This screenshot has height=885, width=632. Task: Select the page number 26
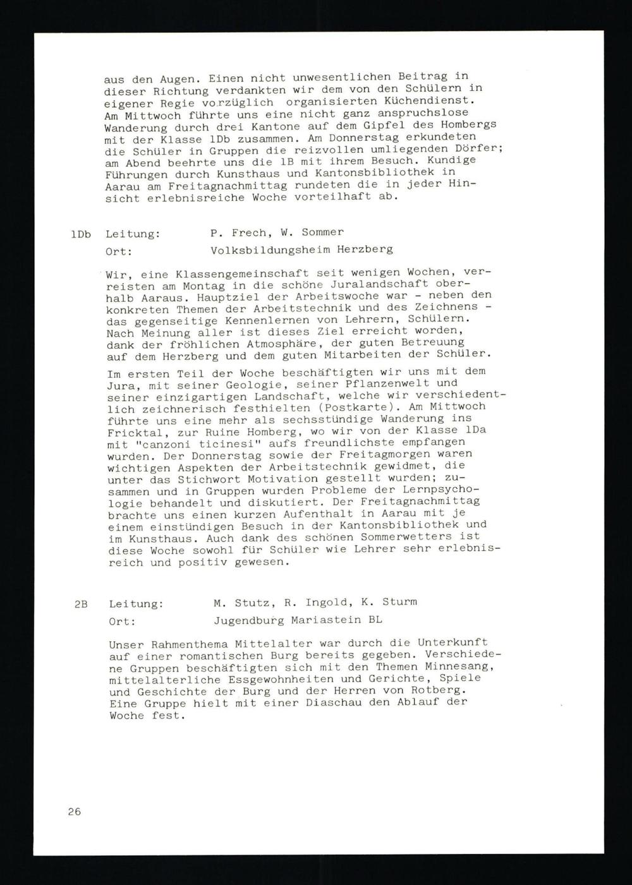(75, 812)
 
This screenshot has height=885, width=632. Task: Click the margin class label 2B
(82, 605)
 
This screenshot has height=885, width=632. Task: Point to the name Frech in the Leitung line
(251, 232)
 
